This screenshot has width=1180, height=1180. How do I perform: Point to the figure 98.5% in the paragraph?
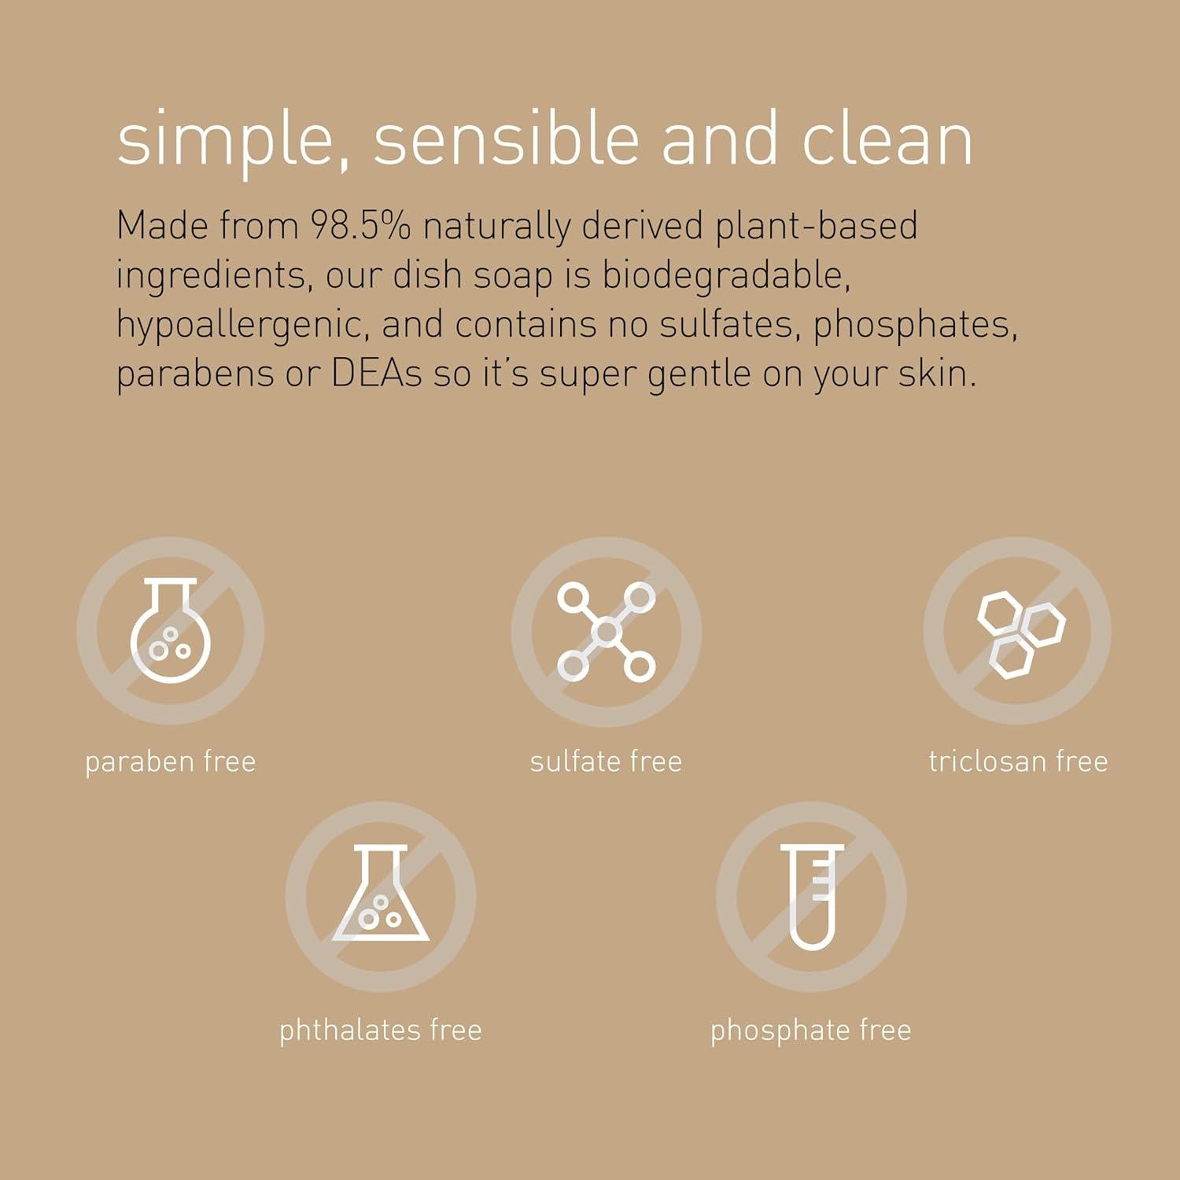360,226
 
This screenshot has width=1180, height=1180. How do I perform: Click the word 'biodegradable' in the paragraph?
725,275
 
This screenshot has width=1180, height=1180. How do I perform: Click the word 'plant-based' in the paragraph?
816,226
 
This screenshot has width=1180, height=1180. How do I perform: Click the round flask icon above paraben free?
170,631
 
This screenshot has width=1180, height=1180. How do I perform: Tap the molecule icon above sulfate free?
606,631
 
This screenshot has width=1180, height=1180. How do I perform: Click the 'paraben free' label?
170,761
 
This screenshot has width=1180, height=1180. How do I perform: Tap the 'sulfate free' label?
606,761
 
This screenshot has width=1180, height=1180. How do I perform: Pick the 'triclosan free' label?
1018,761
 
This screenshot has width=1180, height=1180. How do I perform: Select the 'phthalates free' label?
381,1030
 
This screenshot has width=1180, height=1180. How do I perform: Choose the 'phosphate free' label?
811,1030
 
